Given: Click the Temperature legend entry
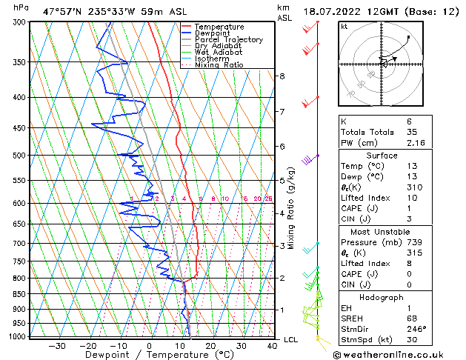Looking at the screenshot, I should point(219,27).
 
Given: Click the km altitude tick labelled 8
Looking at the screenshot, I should point(282,76).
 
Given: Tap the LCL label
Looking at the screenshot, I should point(291,339).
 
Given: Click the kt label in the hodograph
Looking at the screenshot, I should point(344,27).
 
